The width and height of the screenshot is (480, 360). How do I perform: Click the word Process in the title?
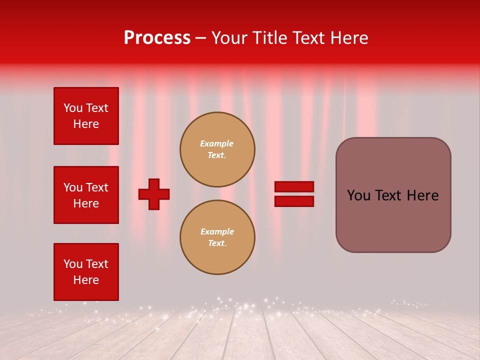157,38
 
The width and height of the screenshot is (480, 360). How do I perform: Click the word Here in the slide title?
348,38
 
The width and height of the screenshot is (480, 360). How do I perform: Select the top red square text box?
86,116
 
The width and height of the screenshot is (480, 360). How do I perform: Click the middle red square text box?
86,195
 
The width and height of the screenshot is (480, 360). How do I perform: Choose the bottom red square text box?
86,272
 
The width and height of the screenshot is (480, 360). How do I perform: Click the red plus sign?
154,194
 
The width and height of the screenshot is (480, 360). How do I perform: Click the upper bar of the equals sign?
294,186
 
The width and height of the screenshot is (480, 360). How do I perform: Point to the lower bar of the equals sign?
294,201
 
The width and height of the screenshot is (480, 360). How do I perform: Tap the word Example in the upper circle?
217,143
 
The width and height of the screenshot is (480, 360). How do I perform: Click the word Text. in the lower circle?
217,243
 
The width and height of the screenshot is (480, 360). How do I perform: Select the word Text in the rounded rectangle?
391,195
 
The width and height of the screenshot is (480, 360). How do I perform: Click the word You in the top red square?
73,108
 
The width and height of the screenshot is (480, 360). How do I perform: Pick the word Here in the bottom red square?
86,280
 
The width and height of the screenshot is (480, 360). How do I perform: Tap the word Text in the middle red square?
96,187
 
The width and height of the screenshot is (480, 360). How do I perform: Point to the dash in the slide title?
201,38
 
